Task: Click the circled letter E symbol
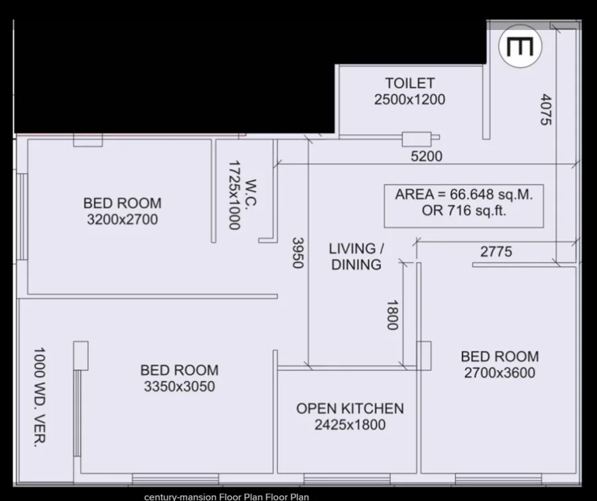(x=520, y=46)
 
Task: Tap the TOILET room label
(x=410, y=83)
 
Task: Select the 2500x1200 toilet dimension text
(x=410, y=100)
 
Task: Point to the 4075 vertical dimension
(x=546, y=109)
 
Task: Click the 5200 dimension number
(x=427, y=156)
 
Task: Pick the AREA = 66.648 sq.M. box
(x=464, y=206)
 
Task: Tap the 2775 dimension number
(x=496, y=251)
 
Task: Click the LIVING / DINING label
(x=356, y=256)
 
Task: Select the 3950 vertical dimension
(x=298, y=253)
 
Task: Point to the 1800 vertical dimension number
(x=392, y=315)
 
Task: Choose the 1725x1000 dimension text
(x=235, y=195)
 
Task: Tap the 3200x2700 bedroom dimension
(x=122, y=220)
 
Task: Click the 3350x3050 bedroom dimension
(x=179, y=386)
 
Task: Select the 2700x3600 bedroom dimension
(x=499, y=373)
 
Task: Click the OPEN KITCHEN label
(x=350, y=408)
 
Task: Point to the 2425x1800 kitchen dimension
(x=350, y=425)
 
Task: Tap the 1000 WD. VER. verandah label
(x=40, y=397)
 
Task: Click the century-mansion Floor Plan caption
(x=227, y=497)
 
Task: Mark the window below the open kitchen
(x=347, y=479)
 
